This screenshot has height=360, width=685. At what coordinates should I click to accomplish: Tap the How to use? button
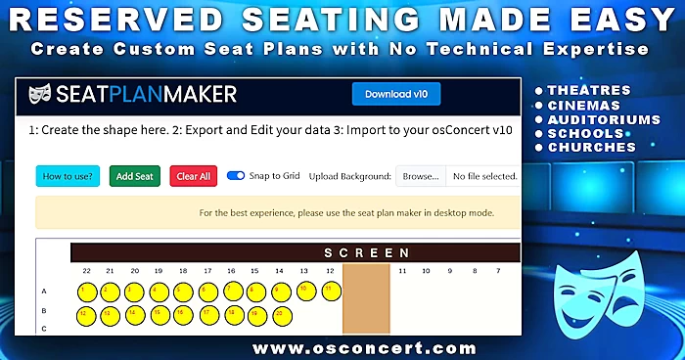pos(68,176)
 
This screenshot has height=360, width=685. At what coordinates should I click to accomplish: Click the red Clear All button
pos(192,176)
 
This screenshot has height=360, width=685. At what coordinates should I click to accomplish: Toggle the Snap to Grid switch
pos(236,176)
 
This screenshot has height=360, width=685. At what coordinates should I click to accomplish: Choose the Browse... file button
pos(421,176)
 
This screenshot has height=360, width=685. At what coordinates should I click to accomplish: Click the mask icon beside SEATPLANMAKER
pos(40,94)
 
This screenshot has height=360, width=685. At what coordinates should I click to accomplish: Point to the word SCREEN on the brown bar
pos(367,252)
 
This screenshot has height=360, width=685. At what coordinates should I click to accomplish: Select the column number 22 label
pos(87,270)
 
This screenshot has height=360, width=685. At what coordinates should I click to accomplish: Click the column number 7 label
pos(473,270)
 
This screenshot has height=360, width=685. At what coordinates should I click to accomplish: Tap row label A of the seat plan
pos(43,291)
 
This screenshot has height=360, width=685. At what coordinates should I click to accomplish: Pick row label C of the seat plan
pos(43,328)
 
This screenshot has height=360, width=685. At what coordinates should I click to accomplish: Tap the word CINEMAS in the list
pos(584,105)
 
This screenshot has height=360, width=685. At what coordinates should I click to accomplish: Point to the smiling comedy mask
pos(575,293)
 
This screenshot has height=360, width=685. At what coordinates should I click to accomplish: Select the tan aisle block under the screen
pos(366,298)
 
